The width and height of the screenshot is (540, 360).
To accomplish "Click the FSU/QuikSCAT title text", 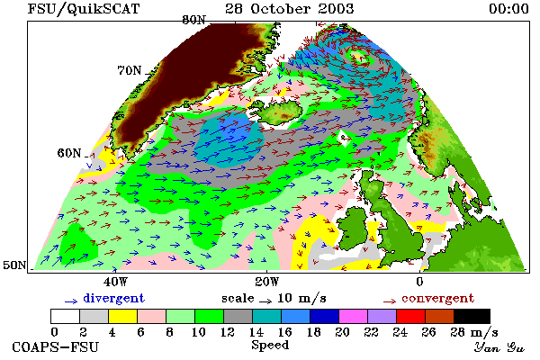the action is [x=84, y=9].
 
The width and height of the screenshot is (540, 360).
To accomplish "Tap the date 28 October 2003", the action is [x=289, y=9].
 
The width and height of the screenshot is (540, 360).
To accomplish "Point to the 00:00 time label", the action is [x=508, y=9].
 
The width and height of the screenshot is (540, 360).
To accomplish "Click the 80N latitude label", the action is [x=193, y=20].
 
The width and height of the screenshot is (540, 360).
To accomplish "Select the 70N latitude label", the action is [x=130, y=70].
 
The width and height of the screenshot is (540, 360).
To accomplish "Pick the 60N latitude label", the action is [x=69, y=153].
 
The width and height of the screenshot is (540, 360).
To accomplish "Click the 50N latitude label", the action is [x=14, y=265].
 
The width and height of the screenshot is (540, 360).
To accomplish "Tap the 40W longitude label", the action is [x=115, y=282].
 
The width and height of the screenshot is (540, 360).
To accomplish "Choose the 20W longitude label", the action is [x=267, y=282].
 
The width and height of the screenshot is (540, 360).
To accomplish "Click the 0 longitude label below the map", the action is [x=419, y=282].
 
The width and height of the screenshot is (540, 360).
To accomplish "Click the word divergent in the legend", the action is [x=113, y=298].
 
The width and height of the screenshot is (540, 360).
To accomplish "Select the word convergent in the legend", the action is [x=437, y=298].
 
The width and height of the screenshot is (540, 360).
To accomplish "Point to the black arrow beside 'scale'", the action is [x=265, y=301].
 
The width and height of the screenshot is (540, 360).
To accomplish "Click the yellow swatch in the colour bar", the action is [x=122, y=316].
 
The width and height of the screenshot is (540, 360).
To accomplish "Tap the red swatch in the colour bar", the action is [x=410, y=316].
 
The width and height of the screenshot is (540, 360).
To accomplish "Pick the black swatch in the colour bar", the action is [x=472, y=316].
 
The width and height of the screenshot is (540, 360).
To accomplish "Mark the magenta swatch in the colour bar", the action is [x=353, y=316].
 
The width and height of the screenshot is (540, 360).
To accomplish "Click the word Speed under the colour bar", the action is [x=270, y=346].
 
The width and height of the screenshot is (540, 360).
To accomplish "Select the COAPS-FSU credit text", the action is [x=55, y=346].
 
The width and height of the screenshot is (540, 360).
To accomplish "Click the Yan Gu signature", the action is [x=499, y=347].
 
